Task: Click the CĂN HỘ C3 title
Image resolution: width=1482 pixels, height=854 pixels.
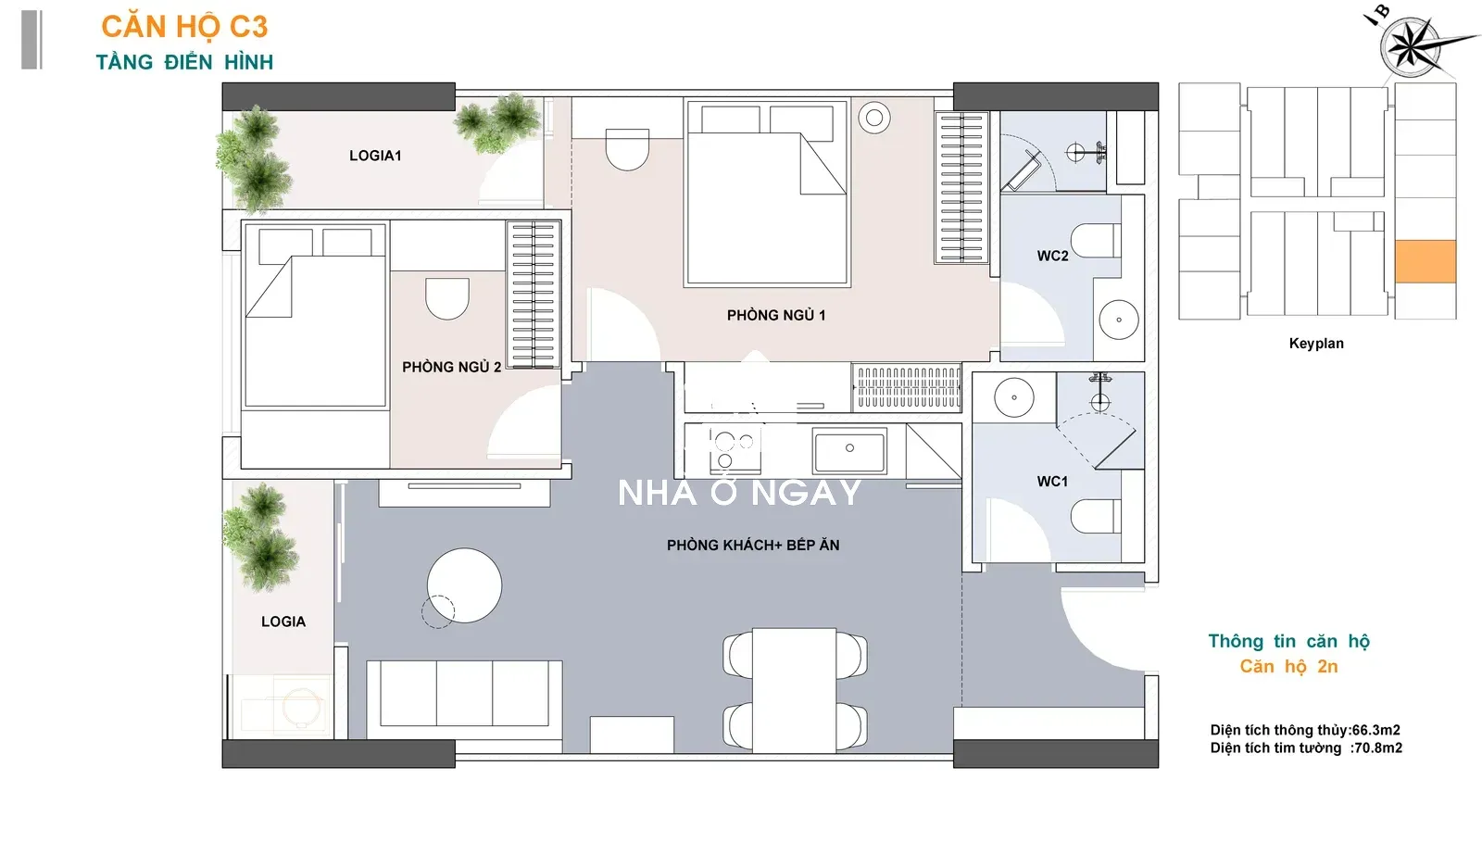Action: [184, 27]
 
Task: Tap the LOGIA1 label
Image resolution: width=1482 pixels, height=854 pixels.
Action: [375, 156]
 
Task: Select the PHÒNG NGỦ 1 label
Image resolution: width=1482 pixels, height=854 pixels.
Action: [776, 315]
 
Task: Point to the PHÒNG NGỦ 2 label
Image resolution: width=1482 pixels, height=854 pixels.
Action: [451, 367]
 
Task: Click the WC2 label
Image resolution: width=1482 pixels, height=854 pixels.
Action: [1052, 256]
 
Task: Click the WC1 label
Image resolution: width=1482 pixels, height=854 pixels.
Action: [1052, 481]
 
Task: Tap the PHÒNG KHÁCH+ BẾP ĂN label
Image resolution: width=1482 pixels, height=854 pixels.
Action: [753, 545]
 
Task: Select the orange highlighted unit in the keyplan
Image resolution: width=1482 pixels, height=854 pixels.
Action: [1425, 261]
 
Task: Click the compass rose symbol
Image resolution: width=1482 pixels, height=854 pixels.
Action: [1411, 46]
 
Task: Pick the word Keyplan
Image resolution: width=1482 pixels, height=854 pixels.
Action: [1316, 344]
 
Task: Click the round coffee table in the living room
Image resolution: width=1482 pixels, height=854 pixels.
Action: [464, 585]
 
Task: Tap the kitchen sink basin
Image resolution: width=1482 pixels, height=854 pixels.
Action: [850, 451]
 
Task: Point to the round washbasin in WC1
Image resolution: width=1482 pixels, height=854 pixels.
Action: [1014, 397]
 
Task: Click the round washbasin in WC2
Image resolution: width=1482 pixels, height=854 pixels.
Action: [1119, 320]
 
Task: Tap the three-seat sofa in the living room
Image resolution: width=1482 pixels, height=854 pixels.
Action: [464, 699]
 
